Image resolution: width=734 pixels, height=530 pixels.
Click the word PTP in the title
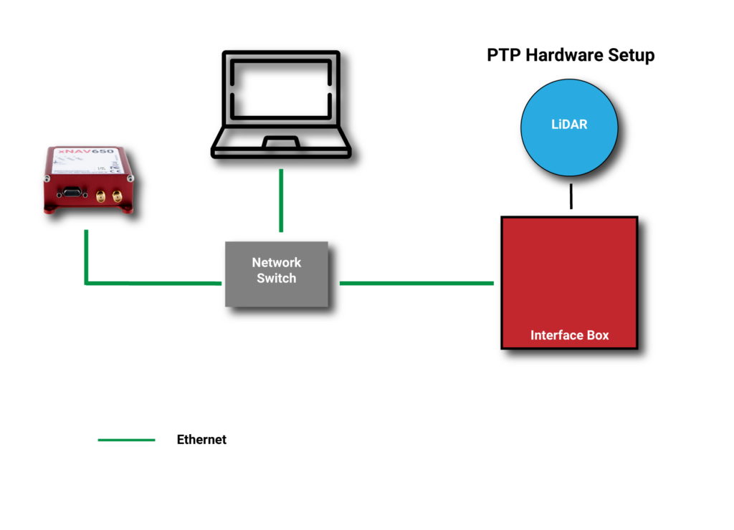(x=504, y=56)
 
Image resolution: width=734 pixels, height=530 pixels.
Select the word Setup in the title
(x=631, y=56)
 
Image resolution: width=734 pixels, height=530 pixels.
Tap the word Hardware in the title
(x=561, y=56)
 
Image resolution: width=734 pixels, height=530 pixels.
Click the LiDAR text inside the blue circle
(x=569, y=124)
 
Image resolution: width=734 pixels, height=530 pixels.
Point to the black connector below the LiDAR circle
(x=571, y=196)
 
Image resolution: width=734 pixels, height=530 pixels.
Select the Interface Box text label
(x=569, y=335)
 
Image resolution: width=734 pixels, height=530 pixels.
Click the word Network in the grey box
(x=277, y=263)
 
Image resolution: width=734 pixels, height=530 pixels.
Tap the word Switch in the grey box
(x=277, y=279)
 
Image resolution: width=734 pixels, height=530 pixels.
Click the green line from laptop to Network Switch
(x=281, y=201)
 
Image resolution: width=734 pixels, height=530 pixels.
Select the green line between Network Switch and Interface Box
(x=416, y=283)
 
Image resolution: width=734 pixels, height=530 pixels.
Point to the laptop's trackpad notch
(x=281, y=143)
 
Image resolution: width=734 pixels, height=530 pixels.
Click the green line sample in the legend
(x=126, y=440)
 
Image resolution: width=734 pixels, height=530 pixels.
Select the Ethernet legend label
(x=201, y=440)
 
